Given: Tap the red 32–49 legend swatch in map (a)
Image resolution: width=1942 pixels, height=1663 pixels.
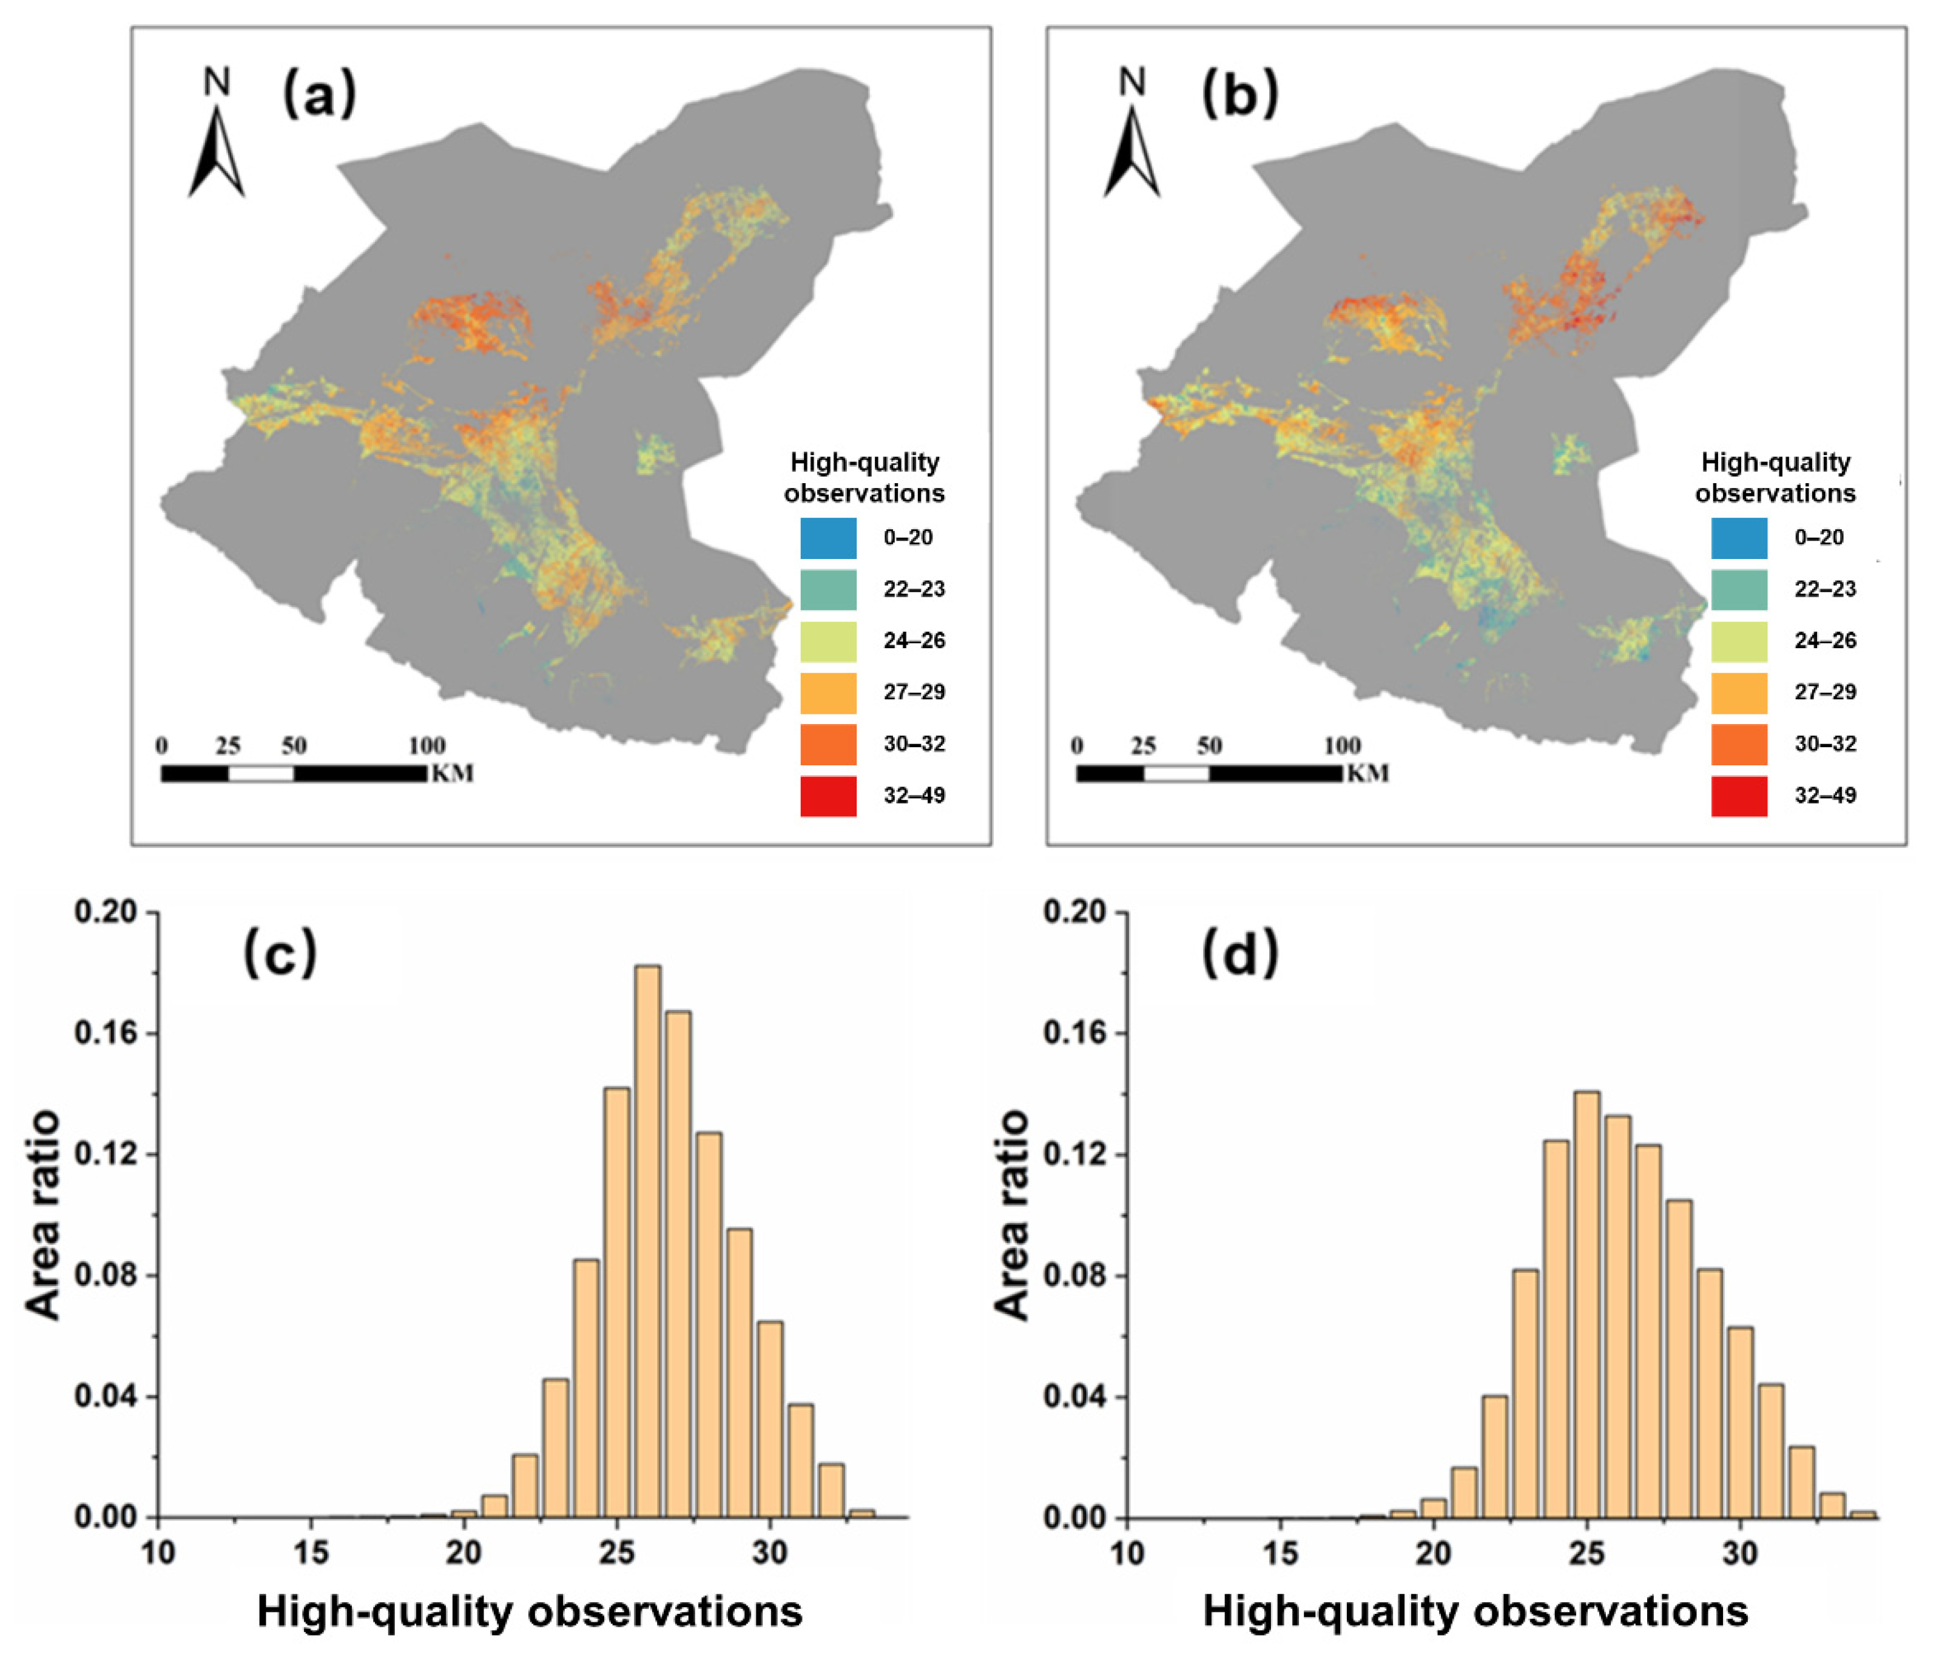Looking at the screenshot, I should pos(828,796).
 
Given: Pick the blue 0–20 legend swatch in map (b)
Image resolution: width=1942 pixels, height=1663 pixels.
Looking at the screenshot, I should pos(1739,538).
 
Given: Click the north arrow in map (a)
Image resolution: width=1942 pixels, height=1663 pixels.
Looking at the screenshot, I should pos(217,150).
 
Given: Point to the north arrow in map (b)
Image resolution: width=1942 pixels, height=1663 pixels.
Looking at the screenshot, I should pos(1131,150).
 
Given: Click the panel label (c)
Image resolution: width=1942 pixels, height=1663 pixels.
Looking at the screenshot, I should pos(280,954).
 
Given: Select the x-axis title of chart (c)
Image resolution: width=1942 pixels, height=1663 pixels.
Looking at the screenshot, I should pos(530,1611).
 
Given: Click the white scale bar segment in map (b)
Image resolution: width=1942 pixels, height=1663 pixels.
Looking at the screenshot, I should pos(1176,773).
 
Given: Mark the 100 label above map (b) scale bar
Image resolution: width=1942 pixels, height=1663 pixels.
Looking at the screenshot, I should pos(1342,746).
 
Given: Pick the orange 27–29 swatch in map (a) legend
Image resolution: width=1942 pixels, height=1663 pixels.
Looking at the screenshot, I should pos(828,693).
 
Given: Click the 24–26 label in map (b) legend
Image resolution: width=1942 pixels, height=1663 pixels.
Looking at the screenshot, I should pos(1825,641).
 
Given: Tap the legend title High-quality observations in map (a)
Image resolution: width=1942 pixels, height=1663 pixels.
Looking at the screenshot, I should pos(864,477).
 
